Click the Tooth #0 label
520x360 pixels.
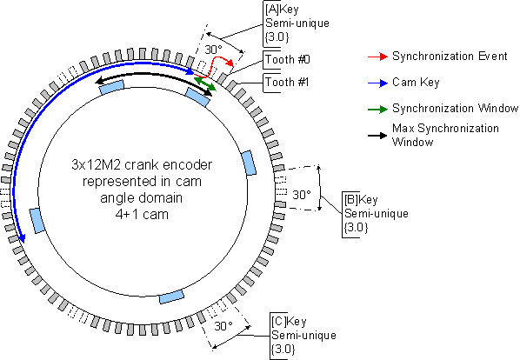coord(288,60)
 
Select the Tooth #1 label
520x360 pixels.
coord(287,82)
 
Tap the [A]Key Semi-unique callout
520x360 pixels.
coord(297,23)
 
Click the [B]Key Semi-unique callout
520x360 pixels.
coord(376,213)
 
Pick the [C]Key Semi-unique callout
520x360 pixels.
coord(303,335)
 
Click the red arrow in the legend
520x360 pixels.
coord(377,57)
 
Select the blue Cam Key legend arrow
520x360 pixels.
coord(377,83)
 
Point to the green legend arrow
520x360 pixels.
coord(377,109)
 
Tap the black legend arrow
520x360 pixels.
coord(377,136)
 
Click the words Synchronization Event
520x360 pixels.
coord(450,56)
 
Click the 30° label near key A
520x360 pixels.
coord(213,50)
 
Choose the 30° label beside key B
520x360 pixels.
coord(302,195)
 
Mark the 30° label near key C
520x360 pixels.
coord(223,326)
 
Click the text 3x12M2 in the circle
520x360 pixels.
coord(96,164)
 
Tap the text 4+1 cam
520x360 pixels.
coord(142,215)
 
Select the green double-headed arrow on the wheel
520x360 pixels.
coord(205,83)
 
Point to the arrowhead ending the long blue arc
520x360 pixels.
coord(22,238)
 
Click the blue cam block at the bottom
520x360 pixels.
coord(171,297)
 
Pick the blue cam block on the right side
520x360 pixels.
coord(249,163)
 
